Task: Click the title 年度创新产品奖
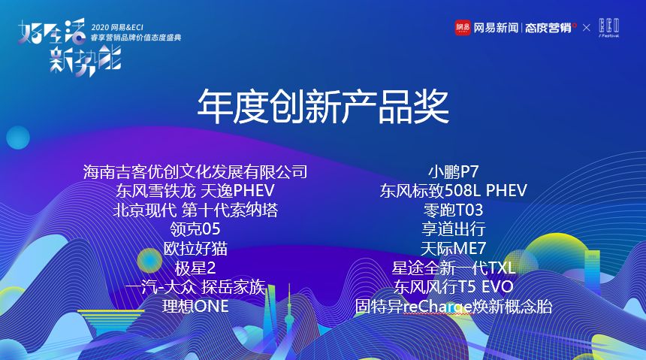click(x=323, y=107)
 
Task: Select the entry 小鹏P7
click(x=453, y=171)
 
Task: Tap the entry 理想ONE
click(x=195, y=307)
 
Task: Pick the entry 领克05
click(x=195, y=229)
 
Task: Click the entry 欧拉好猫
click(x=195, y=249)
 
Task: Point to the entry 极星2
click(x=195, y=268)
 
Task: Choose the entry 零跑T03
click(x=453, y=210)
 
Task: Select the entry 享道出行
click(x=453, y=229)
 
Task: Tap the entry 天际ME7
click(x=453, y=249)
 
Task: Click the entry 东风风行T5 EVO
click(x=453, y=287)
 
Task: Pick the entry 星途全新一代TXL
click(x=453, y=268)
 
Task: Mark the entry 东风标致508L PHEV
click(x=453, y=190)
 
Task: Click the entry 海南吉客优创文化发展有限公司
click(x=195, y=171)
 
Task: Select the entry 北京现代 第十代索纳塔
click(x=195, y=210)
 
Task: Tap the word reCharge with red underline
click(x=437, y=307)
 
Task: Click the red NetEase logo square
click(x=463, y=28)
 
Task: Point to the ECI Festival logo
click(x=609, y=28)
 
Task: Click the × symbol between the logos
click(x=586, y=28)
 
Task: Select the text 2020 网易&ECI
click(x=117, y=28)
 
